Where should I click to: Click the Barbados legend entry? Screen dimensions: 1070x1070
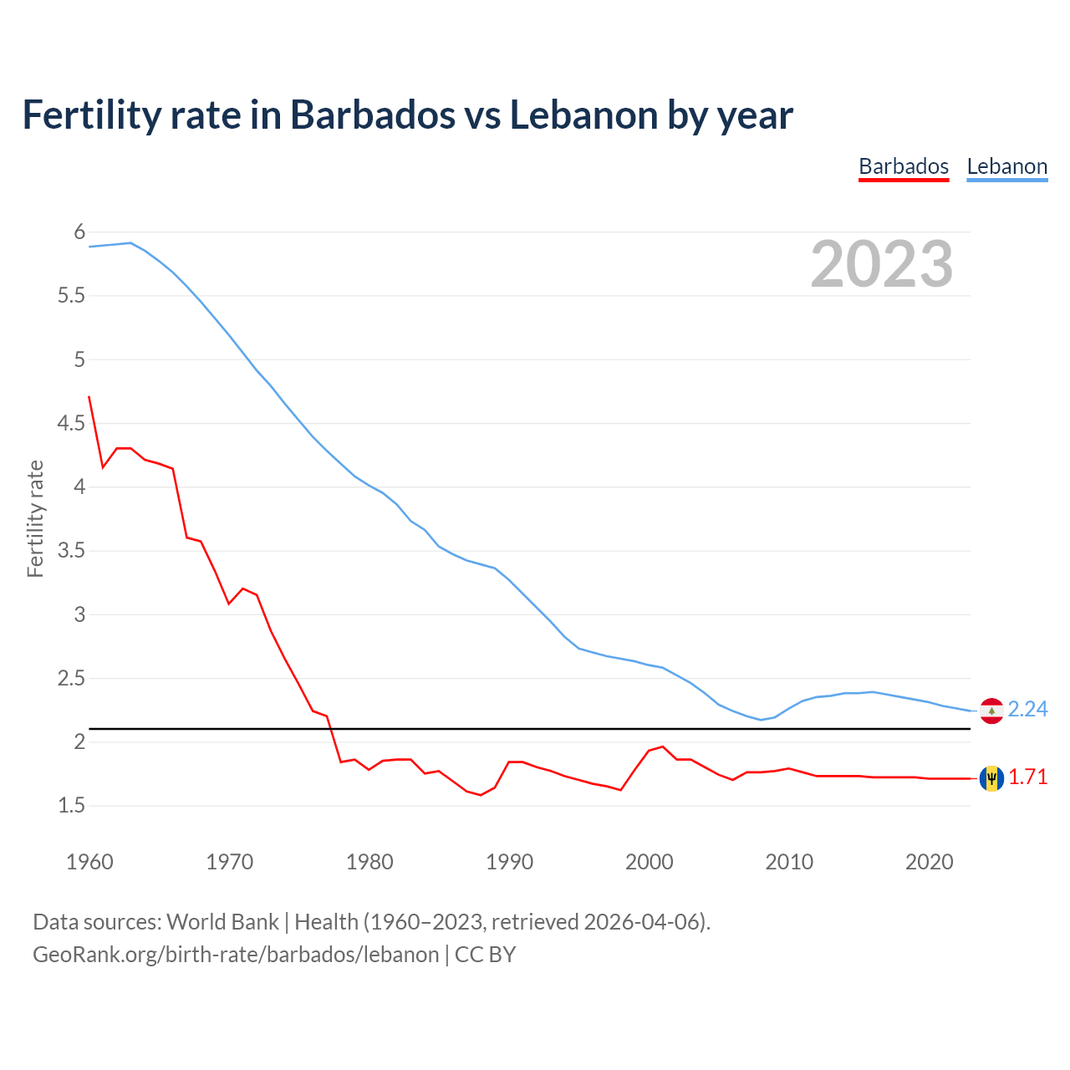pyautogui.click(x=904, y=166)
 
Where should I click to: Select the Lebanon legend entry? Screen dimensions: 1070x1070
pyautogui.click(x=1006, y=166)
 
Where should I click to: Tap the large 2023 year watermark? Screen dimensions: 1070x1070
pyautogui.click(x=881, y=264)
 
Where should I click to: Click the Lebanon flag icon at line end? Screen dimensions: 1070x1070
pyautogui.click(x=991, y=710)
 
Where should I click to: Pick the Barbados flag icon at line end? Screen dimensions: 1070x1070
pyautogui.click(x=991, y=778)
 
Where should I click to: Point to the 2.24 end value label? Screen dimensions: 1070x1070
pyautogui.click(x=1027, y=709)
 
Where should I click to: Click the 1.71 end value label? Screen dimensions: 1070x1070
pyautogui.click(x=1027, y=777)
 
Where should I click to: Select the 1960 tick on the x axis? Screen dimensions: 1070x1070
pyautogui.click(x=89, y=862)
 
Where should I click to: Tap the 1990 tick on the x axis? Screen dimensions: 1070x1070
pyautogui.click(x=509, y=862)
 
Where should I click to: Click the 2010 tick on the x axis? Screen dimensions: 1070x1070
pyautogui.click(x=789, y=862)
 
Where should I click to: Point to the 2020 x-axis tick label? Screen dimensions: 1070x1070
pyautogui.click(x=929, y=862)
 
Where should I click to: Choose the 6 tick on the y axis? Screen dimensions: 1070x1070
pyautogui.click(x=79, y=232)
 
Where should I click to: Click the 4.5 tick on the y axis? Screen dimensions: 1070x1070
pyautogui.click(x=71, y=423)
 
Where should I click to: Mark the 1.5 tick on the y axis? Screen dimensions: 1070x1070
pyautogui.click(x=71, y=806)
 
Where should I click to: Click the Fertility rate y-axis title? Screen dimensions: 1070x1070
pyautogui.click(x=35, y=518)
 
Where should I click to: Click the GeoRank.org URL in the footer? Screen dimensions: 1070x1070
pyautogui.click(x=236, y=955)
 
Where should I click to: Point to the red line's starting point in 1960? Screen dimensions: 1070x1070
pyautogui.click(x=89, y=397)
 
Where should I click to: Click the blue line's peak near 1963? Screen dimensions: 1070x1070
pyautogui.click(x=130, y=242)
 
